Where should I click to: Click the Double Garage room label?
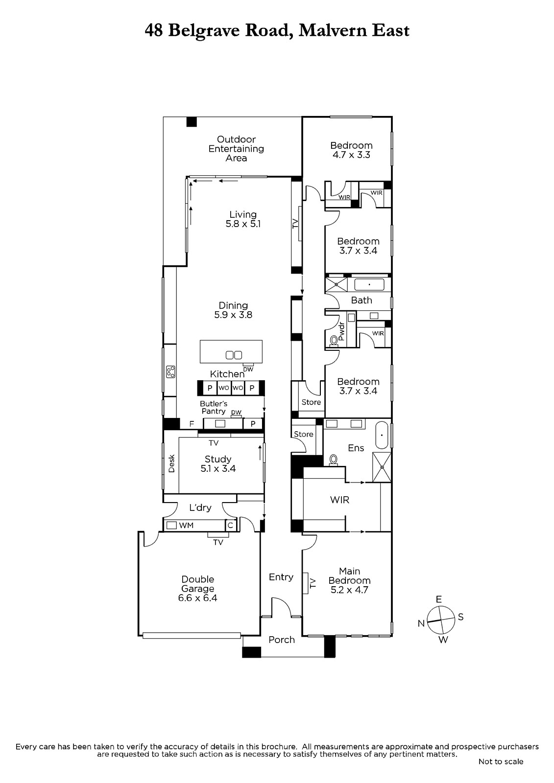(197, 589)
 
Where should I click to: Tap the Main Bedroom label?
(349, 580)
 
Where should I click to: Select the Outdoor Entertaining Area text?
(236, 149)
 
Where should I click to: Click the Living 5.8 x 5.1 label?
(243, 219)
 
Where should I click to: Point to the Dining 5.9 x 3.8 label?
(233, 310)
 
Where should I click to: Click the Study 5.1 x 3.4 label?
(218, 464)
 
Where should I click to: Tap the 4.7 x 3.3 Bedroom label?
(351, 150)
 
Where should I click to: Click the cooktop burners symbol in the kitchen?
(171, 371)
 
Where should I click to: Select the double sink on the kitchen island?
(234, 355)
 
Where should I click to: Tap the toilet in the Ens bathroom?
(333, 460)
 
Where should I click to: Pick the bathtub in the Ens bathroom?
(382, 435)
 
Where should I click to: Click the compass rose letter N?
(421, 623)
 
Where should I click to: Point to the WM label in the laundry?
(186, 526)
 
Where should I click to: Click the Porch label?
(282, 640)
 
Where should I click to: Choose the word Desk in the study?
(171, 463)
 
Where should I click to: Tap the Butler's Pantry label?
(214, 407)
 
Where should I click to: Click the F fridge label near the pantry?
(192, 424)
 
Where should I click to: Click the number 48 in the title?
(154, 30)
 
